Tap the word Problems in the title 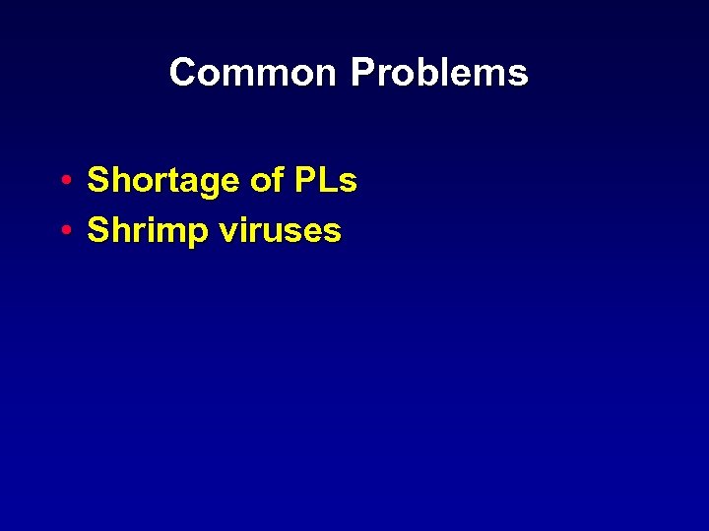click(439, 73)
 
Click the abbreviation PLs click(325, 181)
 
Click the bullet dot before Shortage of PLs click(63, 182)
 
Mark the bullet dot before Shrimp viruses click(63, 232)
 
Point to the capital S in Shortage click(97, 181)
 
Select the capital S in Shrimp click(97, 231)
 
